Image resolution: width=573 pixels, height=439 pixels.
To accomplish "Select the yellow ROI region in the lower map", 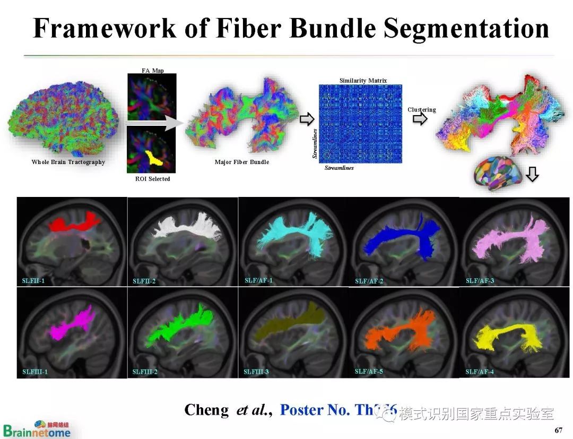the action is pos(154,157).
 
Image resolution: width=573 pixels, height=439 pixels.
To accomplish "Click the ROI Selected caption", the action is pos(152,179).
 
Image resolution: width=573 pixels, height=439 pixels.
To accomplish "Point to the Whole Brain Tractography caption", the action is pos(68,162).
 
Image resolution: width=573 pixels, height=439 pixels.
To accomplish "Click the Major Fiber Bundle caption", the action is pos(241,162).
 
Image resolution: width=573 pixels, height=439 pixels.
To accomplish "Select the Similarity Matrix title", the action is pos(363,81).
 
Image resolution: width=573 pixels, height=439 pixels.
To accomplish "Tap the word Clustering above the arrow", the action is pos(421,110).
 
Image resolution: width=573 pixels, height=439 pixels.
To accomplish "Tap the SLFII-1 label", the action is pos(33,280).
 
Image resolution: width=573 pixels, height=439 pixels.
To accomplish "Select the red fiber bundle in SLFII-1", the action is pos(74,222).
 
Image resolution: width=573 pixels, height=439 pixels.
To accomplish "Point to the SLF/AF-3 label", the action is pos(480,280).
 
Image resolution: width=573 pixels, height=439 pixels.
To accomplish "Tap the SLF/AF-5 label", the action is pos(369,371).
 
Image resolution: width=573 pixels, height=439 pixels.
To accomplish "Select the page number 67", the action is pos(558,429).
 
